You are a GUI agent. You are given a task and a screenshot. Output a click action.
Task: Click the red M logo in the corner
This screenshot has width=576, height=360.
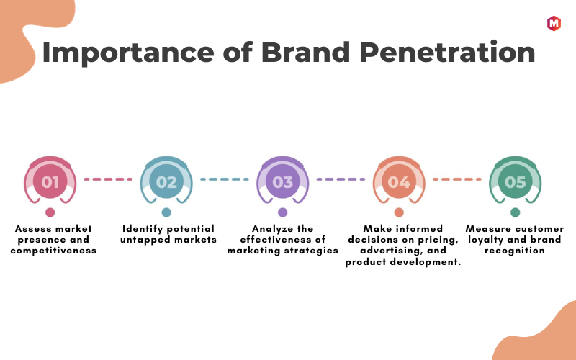click(x=554, y=24)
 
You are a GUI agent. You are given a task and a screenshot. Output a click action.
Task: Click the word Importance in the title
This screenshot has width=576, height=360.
click(x=128, y=53)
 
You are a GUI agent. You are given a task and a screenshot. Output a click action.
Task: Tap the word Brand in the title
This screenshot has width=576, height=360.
click(x=305, y=53)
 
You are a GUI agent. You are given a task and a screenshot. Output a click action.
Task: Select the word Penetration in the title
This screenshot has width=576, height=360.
click(x=447, y=53)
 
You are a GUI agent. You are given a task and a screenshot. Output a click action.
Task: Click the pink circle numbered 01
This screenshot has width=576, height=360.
click(x=50, y=181)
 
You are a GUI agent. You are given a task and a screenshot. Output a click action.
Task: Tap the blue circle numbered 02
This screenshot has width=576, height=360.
click(x=166, y=181)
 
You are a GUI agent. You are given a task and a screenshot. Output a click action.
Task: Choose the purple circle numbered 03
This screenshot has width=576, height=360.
click(x=282, y=181)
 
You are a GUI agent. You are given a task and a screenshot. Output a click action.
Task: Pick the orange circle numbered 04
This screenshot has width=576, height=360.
click(x=399, y=181)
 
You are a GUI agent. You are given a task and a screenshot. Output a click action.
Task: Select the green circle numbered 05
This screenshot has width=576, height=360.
click(x=515, y=181)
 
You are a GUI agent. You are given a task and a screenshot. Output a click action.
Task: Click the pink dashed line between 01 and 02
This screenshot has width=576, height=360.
click(x=108, y=179)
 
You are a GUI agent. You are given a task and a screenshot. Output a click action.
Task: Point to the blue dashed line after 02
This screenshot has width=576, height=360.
click(x=225, y=179)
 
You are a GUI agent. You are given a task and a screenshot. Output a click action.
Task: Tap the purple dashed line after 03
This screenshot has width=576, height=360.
click(x=341, y=179)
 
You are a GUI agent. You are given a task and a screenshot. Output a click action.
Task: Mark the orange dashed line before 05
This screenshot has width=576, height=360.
click(x=457, y=179)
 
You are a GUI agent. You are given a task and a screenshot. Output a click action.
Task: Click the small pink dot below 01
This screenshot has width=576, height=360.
click(x=50, y=212)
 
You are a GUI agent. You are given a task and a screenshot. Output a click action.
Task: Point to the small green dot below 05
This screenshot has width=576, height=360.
click(x=515, y=212)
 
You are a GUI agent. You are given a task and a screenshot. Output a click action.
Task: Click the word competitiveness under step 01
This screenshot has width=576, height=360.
click(x=53, y=251)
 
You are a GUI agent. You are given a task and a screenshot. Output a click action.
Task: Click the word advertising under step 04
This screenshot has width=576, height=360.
click(x=392, y=251)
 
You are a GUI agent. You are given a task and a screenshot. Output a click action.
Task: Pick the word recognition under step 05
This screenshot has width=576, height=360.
click(x=514, y=251)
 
